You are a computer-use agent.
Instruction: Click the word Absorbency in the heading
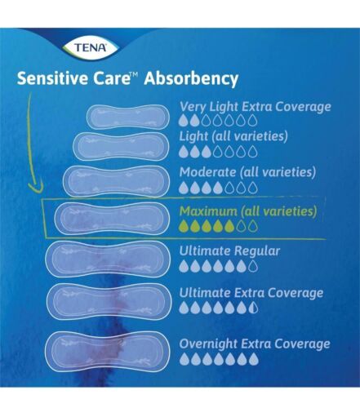coord(191,79)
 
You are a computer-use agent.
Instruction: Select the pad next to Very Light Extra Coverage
coord(128,117)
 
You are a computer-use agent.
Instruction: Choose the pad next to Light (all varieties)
coord(121,146)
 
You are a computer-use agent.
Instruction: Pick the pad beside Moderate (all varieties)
coord(115,181)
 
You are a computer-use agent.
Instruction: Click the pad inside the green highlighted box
coord(111,219)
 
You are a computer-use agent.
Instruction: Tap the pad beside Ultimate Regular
coord(108,259)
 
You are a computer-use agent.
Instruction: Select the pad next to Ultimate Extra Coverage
coord(109,301)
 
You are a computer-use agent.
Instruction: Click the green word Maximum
coord(208,211)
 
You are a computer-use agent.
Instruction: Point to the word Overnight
coord(208,344)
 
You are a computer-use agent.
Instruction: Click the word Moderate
coord(207,172)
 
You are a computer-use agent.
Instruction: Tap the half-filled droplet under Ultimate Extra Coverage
coord(254,308)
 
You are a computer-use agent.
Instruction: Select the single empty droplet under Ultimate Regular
coord(254,266)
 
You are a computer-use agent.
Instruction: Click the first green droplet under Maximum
coord(184,226)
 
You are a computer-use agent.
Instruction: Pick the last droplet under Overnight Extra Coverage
coord(254,359)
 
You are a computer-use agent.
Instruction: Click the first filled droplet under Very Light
coord(184,120)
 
